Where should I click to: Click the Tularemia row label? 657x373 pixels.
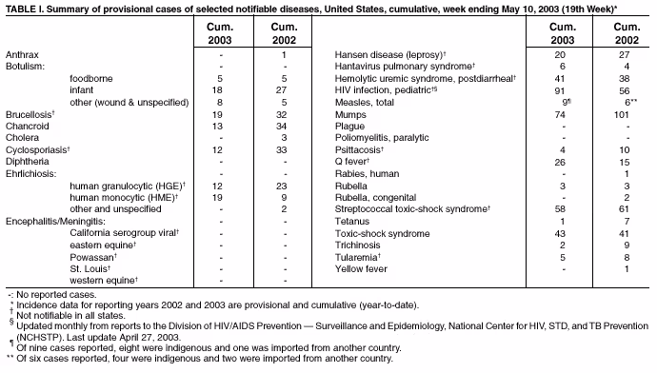coord(359,257)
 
